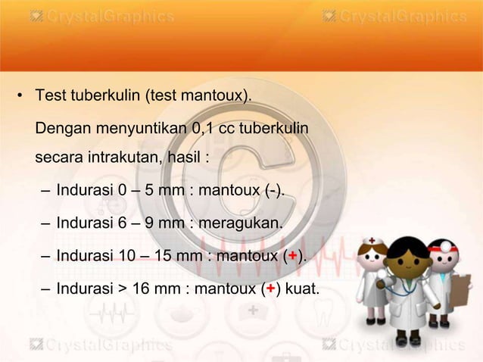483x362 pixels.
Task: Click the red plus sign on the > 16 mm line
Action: [270, 289]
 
